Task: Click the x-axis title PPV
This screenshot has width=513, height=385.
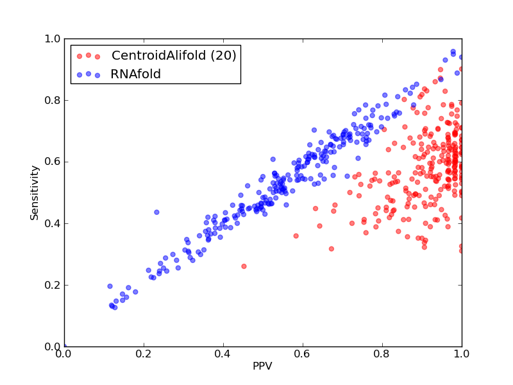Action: coord(262,366)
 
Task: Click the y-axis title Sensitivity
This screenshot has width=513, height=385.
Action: coord(35,193)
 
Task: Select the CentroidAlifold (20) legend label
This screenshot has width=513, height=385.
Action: coord(174,55)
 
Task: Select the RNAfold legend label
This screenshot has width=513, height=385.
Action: coord(136,74)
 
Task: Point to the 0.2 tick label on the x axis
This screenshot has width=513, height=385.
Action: coord(144,354)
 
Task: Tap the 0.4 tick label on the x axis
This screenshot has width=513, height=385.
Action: coord(223,354)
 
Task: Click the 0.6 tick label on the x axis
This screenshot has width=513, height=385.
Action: coord(303,354)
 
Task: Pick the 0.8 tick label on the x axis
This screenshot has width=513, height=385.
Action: coord(382,354)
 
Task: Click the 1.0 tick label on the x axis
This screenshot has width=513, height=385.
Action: coord(462,354)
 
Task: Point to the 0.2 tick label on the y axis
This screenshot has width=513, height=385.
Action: coord(53,285)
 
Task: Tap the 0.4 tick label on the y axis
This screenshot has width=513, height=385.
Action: coord(53,223)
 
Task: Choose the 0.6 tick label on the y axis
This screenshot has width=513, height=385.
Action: coord(53,162)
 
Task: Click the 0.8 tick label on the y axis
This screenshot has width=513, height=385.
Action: coord(53,100)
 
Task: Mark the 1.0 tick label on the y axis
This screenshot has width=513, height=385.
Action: coord(53,38)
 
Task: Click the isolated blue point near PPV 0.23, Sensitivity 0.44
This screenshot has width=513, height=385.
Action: coord(156,212)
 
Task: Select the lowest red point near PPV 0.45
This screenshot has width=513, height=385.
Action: coord(244,266)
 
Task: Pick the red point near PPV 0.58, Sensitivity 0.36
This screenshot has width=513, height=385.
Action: coord(296,235)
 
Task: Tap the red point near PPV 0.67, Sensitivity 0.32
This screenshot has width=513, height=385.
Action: coord(331,249)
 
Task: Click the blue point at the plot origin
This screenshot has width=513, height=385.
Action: coord(65,346)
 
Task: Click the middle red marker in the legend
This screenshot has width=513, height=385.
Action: coord(88,55)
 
